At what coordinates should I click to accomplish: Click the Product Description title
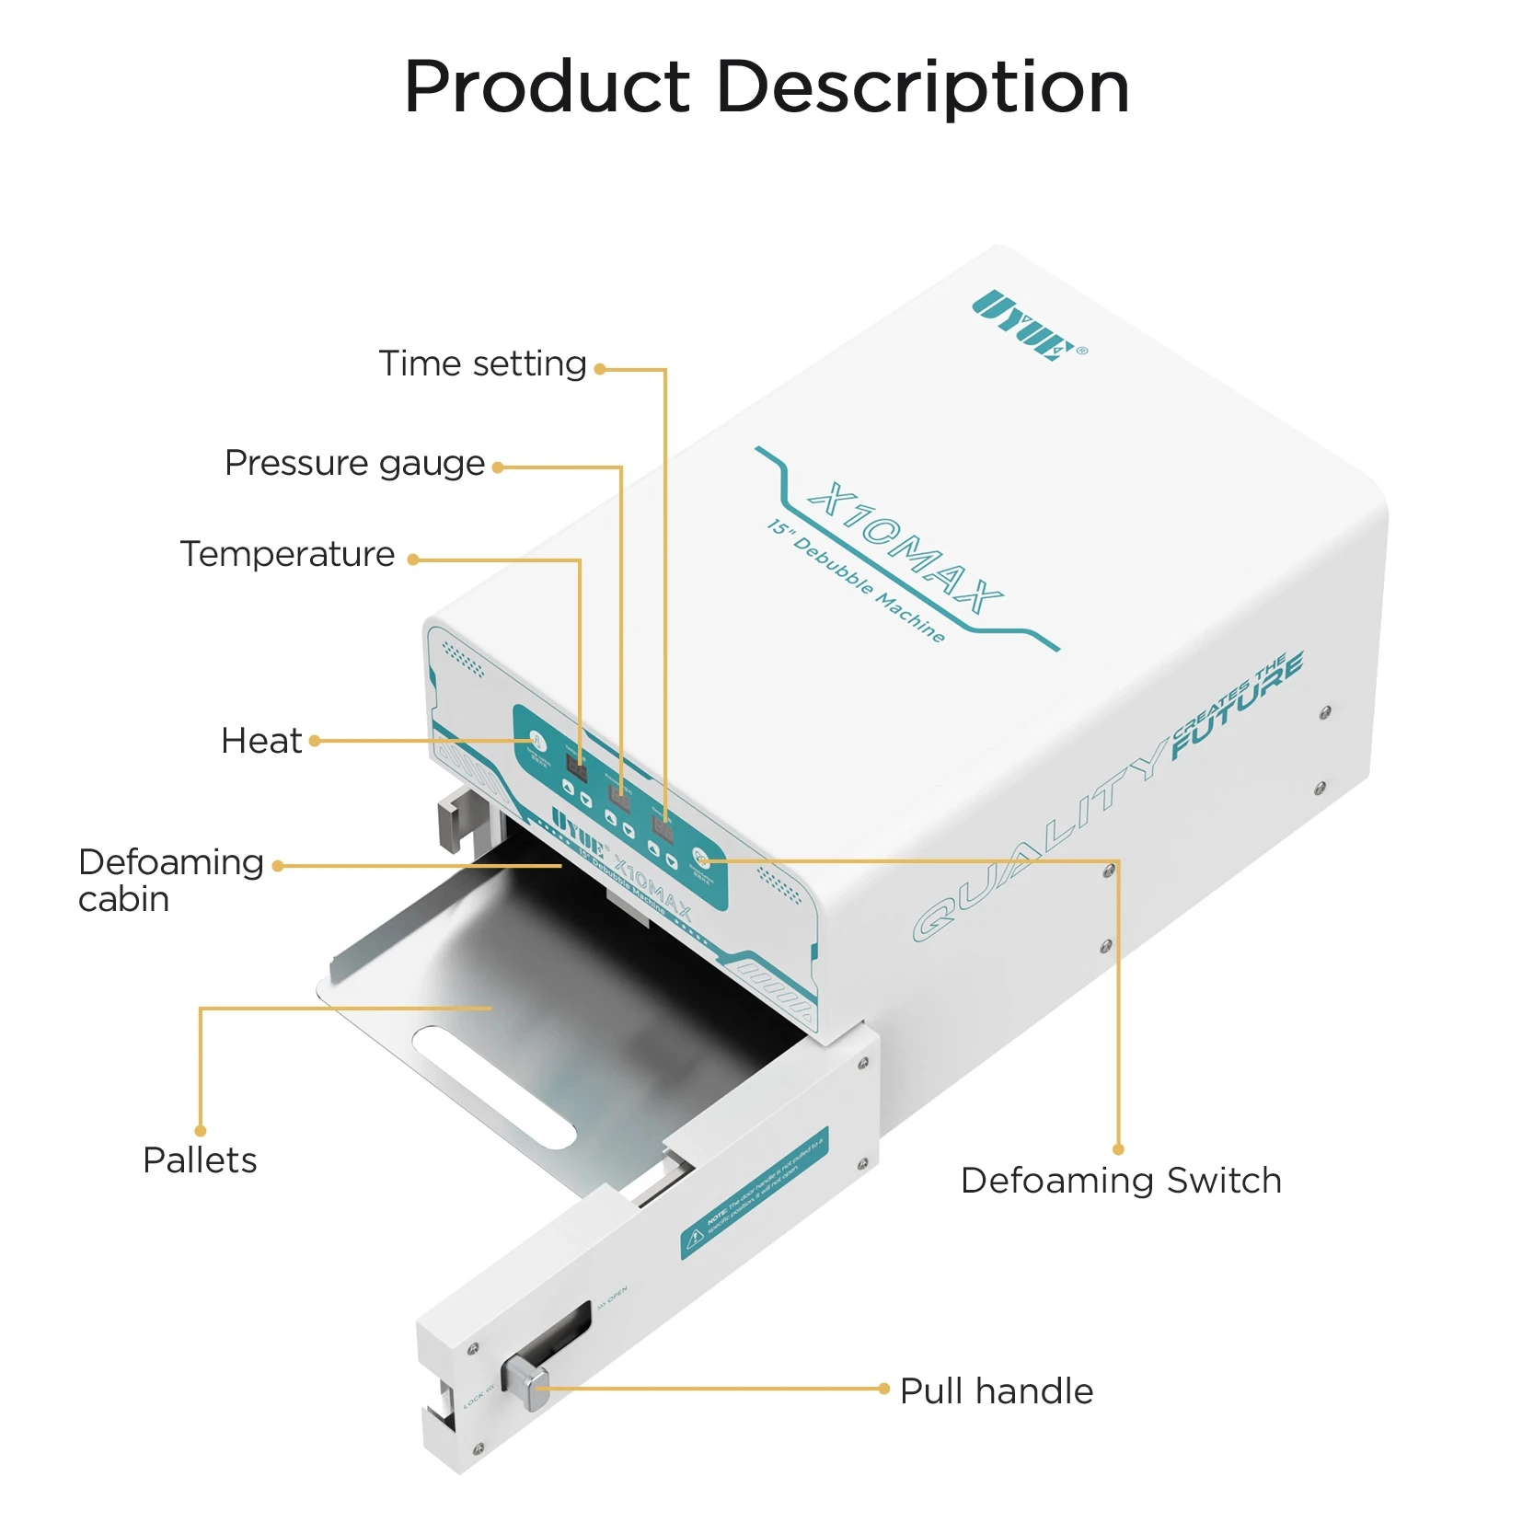(x=766, y=87)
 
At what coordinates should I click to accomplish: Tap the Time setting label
(x=482, y=363)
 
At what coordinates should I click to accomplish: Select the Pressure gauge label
(x=354, y=463)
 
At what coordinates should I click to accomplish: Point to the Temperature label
(x=287, y=554)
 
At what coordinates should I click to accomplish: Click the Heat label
(x=261, y=741)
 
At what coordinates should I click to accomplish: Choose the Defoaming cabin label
(x=170, y=880)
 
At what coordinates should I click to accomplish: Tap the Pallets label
(x=200, y=1160)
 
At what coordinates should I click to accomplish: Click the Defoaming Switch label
(x=1121, y=1181)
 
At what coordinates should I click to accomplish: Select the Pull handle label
(x=997, y=1391)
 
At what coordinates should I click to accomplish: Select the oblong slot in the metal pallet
(x=493, y=1087)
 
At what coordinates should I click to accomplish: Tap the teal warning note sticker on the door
(x=755, y=1192)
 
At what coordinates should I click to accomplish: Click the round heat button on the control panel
(x=537, y=741)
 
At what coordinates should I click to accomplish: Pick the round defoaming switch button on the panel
(x=701, y=858)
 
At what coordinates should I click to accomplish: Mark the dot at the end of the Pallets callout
(x=201, y=1131)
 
